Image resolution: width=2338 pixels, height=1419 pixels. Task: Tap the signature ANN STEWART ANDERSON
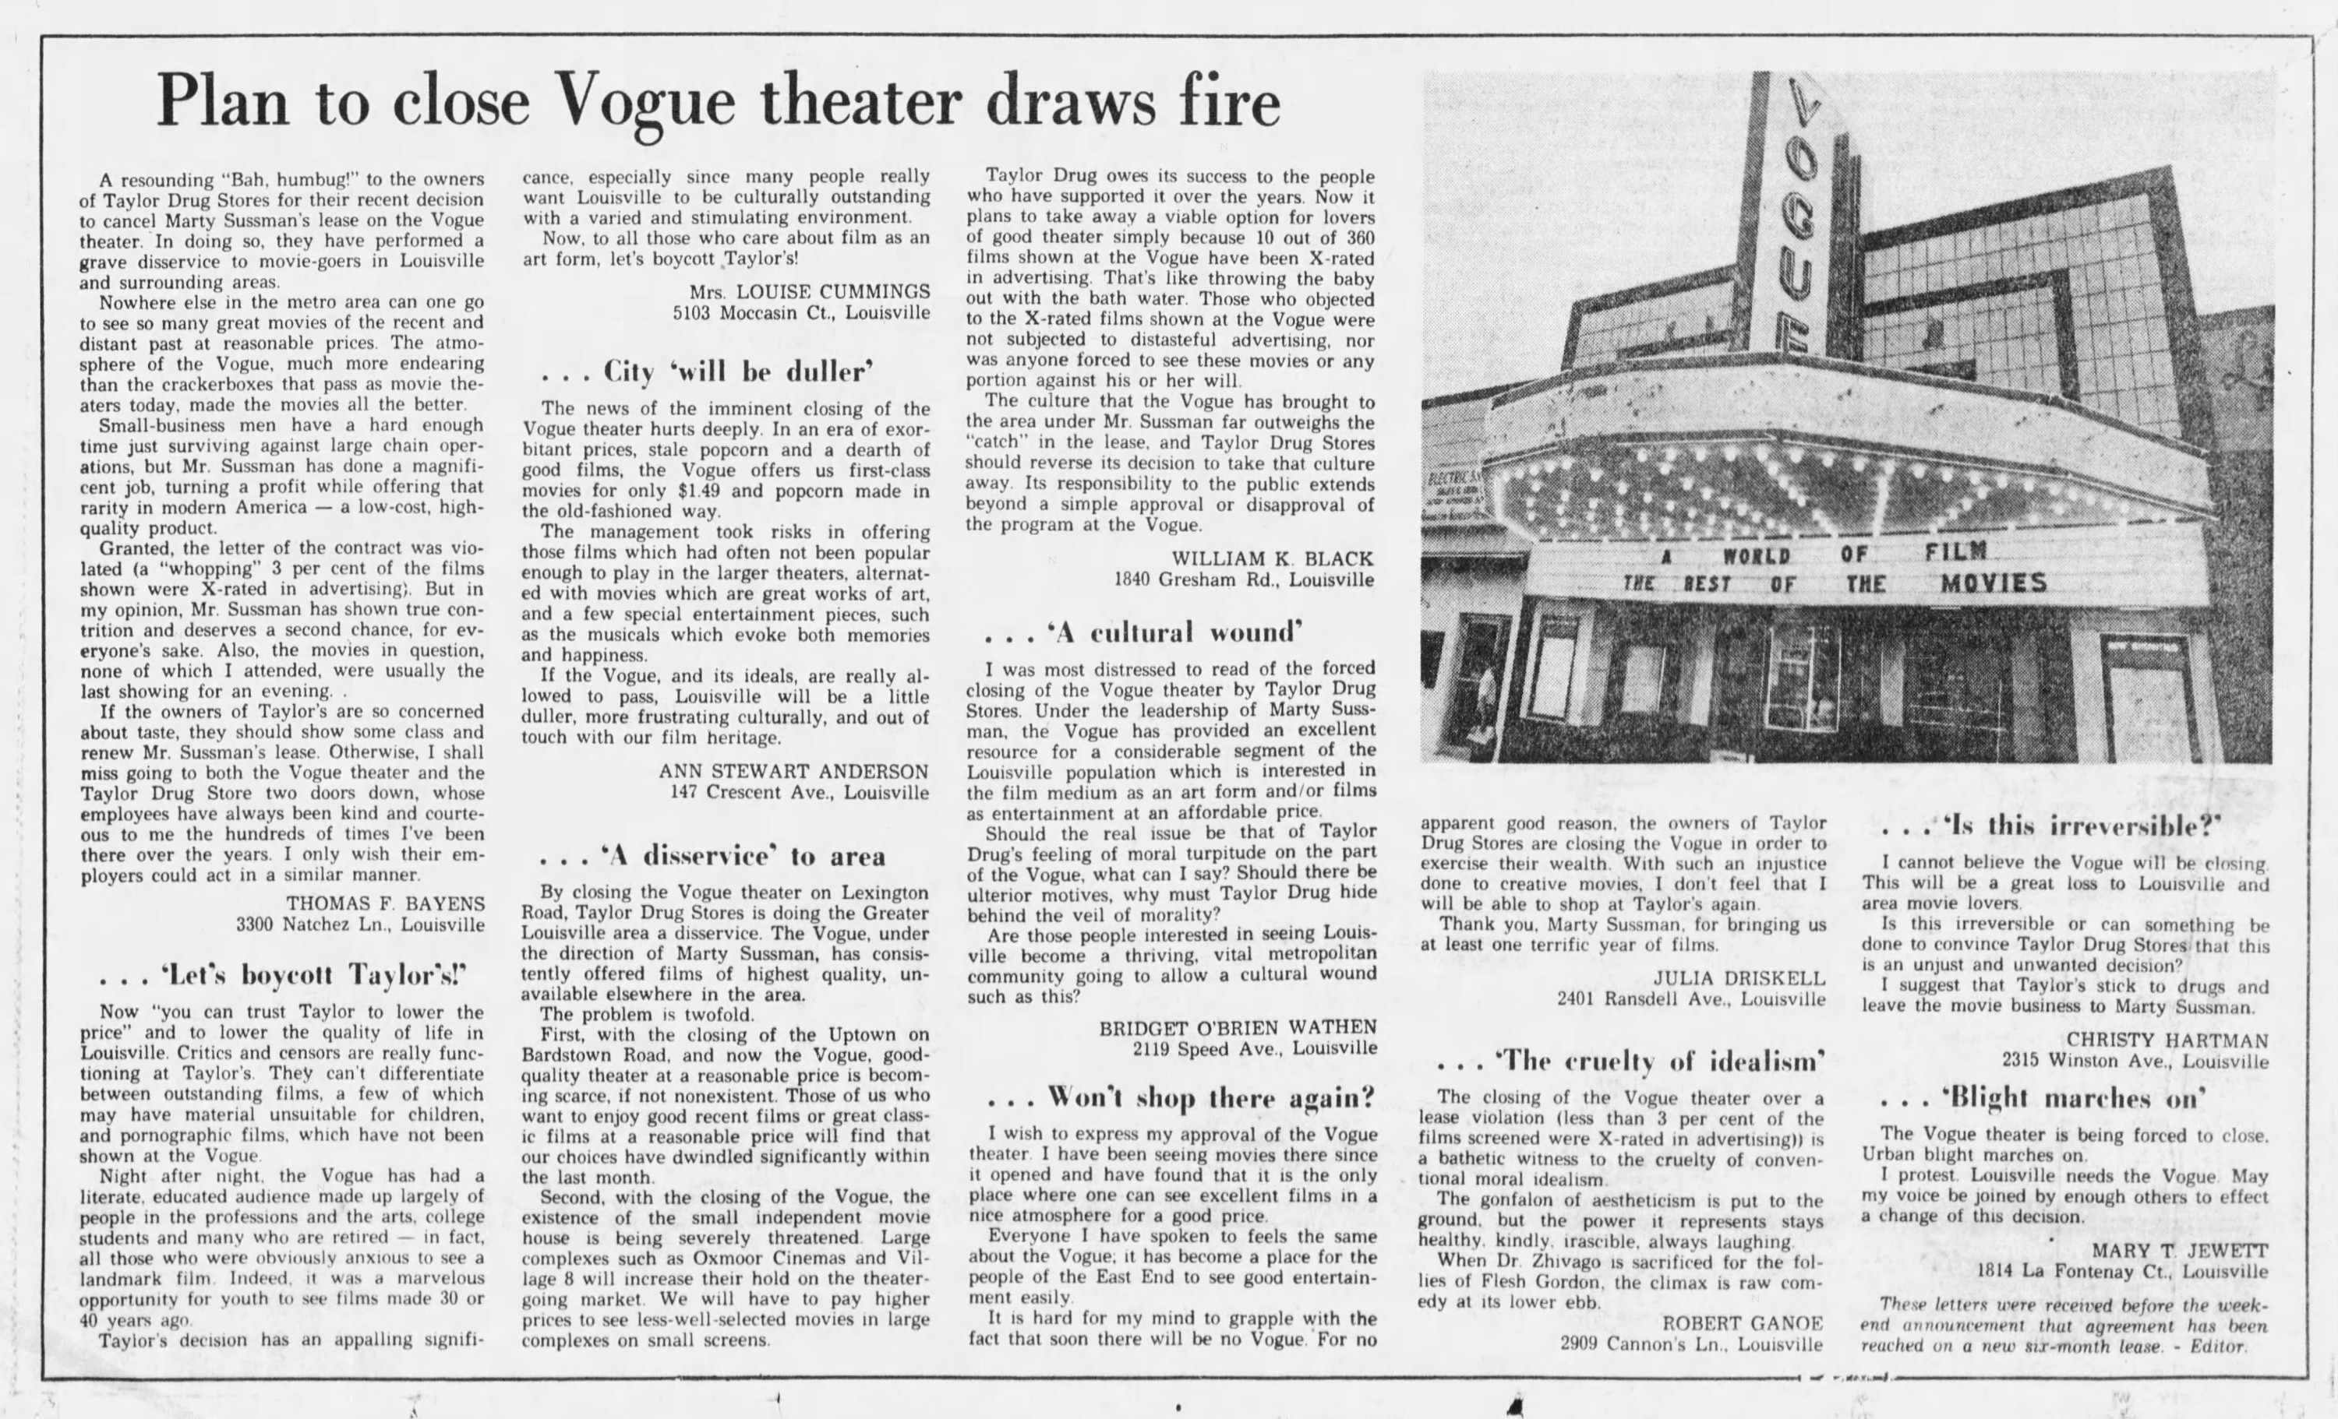coord(793,771)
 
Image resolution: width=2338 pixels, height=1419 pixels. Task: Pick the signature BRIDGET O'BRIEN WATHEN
coord(1238,1028)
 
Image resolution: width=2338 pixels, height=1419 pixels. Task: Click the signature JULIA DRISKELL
coord(1739,978)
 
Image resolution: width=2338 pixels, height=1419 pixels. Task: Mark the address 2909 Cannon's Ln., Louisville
coord(1691,1344)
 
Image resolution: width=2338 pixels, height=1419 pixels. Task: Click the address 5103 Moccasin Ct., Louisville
coord(802,312)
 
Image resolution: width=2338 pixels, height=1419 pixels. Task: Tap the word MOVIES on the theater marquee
coord(1993,583)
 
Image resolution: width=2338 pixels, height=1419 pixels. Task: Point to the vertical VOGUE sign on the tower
coord(1793,218)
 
